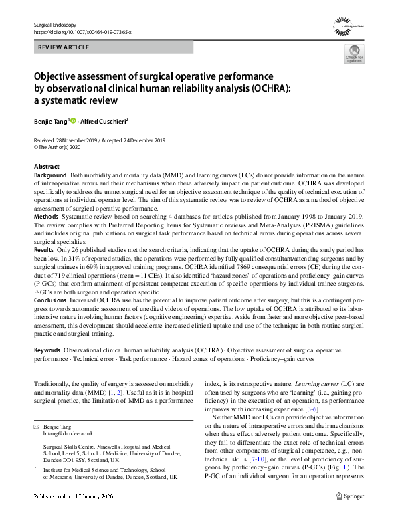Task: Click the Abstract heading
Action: click(46, 166)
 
